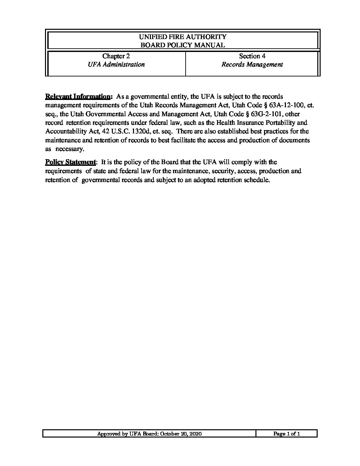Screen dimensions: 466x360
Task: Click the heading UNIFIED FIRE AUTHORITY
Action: pos(183,37)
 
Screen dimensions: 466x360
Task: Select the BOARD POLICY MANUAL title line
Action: pos(183,45)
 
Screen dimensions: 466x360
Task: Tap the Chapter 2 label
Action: pos(116,56)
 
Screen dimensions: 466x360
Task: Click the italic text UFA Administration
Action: pos(116,65)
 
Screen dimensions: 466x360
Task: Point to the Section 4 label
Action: pos(252,56)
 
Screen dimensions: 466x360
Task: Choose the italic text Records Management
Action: pos(252,65)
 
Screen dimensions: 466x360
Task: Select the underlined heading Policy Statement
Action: pos(70,162)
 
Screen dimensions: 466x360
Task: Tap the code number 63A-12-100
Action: pos(288,105)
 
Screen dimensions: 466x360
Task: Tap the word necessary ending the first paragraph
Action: pos(69,149)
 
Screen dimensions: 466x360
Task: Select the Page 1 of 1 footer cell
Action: pos(287,434)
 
